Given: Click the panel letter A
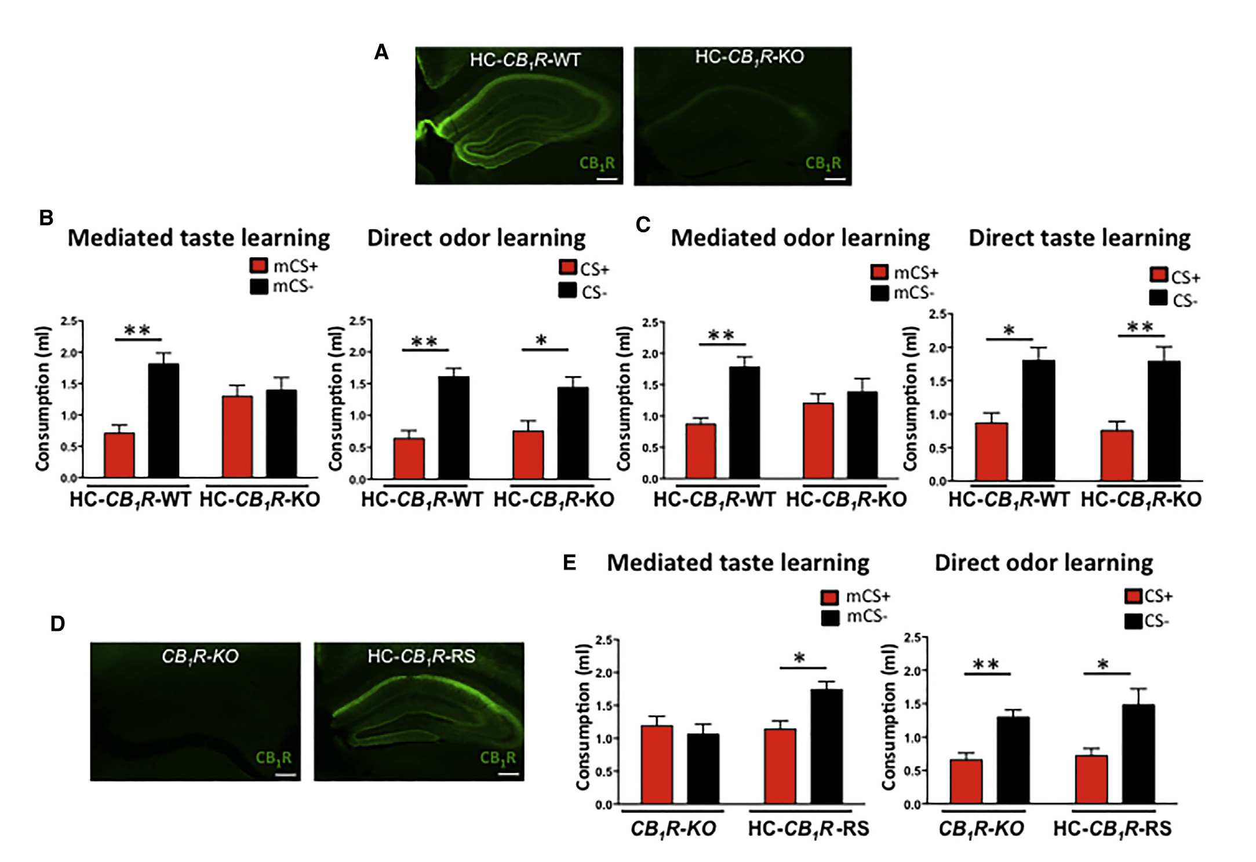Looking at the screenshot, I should click(x=381, y=52).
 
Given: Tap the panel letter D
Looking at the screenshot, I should click(x=57, y=624).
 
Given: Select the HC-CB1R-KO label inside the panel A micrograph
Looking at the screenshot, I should click(x=749, y=57).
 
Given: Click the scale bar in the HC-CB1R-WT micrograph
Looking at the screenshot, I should click(x=607, y=179).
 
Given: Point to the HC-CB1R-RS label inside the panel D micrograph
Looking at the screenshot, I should click(x=421, y=656).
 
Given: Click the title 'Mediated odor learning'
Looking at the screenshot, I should click(x=800, y=238).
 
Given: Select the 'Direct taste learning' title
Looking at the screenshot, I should click(x=1079, y=238).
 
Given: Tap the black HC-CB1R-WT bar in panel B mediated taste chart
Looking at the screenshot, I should click(x=164, y=421).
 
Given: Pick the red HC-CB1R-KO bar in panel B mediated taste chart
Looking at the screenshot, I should click(x=237, y=437).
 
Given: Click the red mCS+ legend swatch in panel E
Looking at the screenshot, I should click(x=830, y=597).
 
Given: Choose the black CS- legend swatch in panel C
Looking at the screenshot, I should click(x=1158, y=298).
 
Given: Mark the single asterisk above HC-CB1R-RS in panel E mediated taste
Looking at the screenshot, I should click(x=800, y=658).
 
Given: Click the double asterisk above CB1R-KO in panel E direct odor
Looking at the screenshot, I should click(x=985, y=664).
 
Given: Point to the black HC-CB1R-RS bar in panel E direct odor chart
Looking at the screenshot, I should click(x=1138, y=754).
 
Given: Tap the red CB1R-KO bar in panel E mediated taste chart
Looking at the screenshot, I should click(x=657, y=764).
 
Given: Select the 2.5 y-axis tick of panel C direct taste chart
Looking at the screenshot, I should click(x=938, y=314).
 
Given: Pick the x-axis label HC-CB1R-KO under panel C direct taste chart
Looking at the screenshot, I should click(x=1141, y=499).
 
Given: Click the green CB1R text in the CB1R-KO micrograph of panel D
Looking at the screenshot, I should click(x=274, y=758).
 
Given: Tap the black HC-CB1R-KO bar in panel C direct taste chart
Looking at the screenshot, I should click(x=1164, y=421).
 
